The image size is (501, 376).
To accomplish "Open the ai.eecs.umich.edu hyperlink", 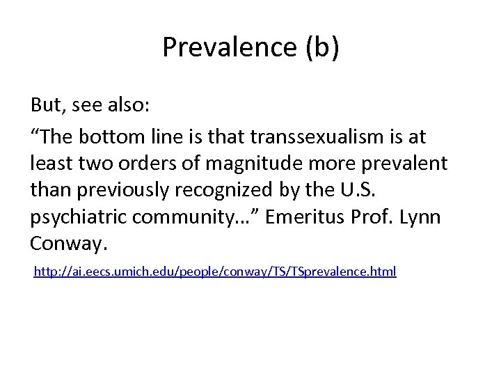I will [x=216, y=272].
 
